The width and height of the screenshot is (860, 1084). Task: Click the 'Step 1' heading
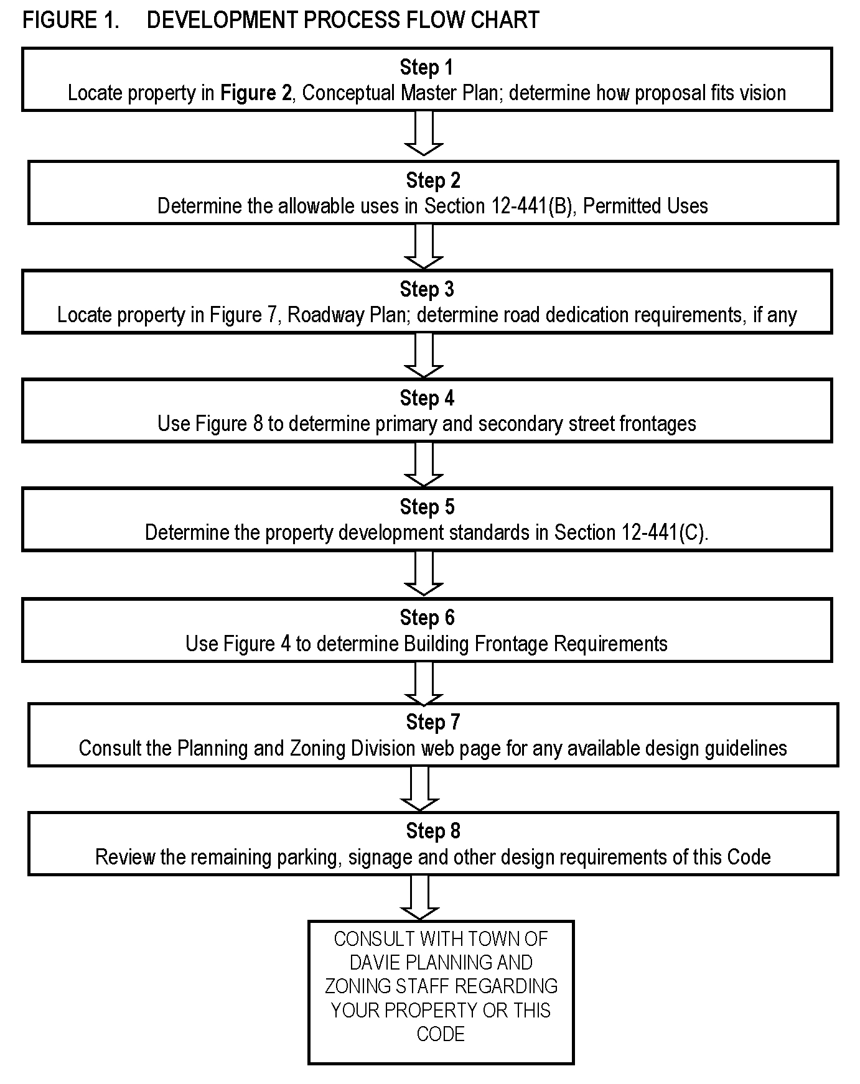click(x=426, y=67)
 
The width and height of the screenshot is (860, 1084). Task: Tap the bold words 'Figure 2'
click(x=256, y=93)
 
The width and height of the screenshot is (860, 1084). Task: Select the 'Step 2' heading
click(x=433, y=180)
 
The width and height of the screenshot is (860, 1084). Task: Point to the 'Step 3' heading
click(x=427, y=289)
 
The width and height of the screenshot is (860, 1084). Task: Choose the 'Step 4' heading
click(x=427, y=398)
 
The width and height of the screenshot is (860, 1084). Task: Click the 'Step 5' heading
click(x=427, y=507)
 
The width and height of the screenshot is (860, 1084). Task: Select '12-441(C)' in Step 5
click(x=663, y=533)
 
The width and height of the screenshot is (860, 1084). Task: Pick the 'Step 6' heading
click(x=427, y=618)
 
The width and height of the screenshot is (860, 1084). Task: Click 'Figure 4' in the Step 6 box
click(x=256, y=644)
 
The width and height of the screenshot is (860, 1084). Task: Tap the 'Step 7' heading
click(x=433, y=722)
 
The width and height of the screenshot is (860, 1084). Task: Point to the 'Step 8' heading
click(x=433, y=831)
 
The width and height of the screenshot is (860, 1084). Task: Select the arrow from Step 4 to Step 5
click(x=424, y=464)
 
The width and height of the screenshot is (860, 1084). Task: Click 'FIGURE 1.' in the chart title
click(x=70, y=21)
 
